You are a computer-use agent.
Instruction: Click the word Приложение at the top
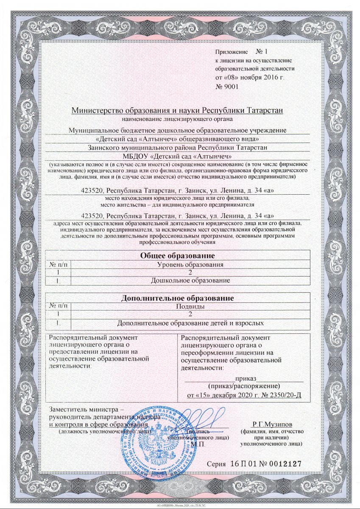click(x=231, y=52)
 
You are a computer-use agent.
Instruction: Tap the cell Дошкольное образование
click(x=190, y=281)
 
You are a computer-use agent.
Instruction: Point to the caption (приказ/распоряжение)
click(x=244, y=386)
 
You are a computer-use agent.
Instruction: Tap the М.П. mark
click(x=198, y=444)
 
